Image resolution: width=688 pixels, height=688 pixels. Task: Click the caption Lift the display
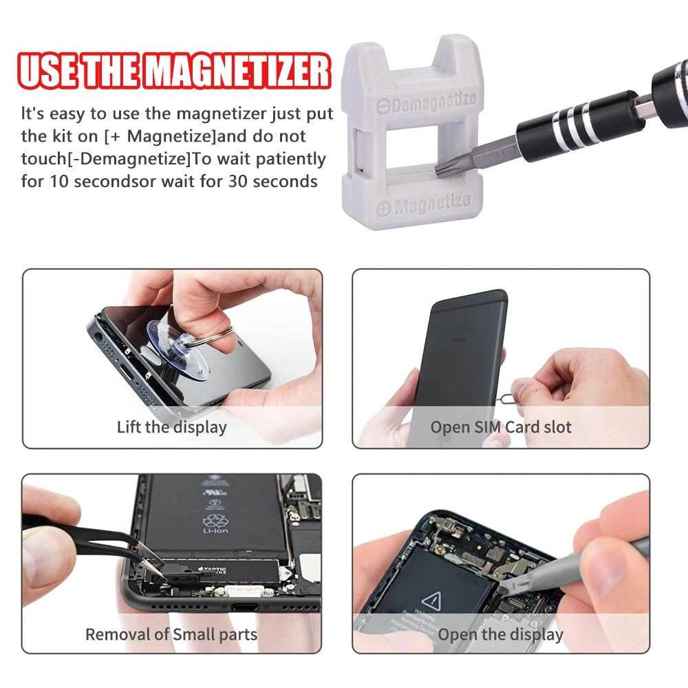point(171,427)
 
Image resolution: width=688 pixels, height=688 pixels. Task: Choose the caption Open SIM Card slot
point(501,427)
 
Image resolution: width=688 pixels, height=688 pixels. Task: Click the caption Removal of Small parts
point(171,634)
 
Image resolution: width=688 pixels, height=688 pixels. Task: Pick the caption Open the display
point(501,634)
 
